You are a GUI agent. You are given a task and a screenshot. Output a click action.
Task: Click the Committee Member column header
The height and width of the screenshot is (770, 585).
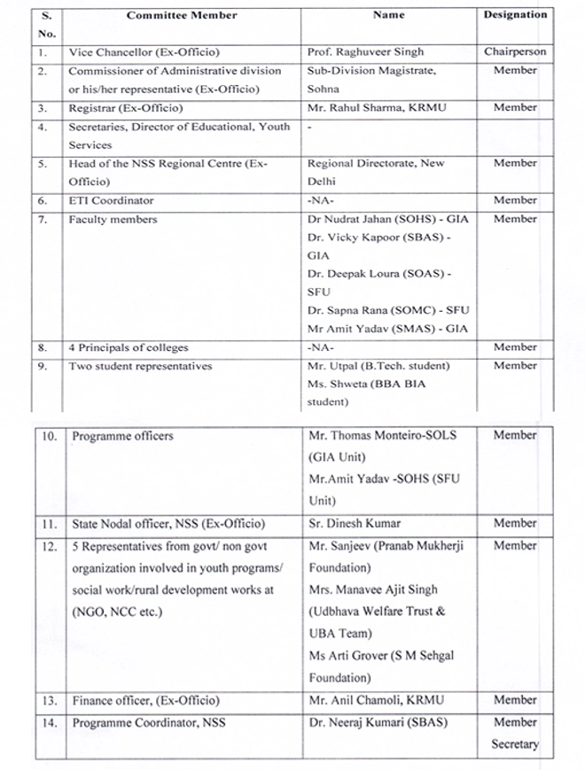click(x=182, y=15)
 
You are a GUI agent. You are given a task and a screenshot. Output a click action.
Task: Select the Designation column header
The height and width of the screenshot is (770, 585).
click(x=515, y=15)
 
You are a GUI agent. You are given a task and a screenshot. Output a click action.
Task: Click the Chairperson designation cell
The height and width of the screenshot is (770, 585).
click(x=515, y=52)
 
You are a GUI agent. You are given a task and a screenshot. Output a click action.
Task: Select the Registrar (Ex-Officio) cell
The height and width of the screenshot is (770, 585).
click(x=126, y=108)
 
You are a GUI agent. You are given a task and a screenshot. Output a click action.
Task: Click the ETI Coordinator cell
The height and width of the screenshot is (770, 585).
click(x=112, y=201)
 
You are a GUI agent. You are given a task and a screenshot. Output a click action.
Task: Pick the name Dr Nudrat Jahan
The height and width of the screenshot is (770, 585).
click(x=351, y=219)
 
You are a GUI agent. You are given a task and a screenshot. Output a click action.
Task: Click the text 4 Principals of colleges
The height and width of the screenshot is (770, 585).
click(x=129, y=347)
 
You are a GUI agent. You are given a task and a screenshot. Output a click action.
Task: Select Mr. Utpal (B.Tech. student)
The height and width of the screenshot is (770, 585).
click(x=378, y=366)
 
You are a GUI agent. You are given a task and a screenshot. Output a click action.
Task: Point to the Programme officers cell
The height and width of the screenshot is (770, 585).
click(x=122, y=436)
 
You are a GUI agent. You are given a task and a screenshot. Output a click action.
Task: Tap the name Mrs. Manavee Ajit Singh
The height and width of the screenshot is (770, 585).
click(x=373, y=589)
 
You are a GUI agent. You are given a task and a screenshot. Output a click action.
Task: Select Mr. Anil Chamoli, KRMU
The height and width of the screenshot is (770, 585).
click(x=376, y=701)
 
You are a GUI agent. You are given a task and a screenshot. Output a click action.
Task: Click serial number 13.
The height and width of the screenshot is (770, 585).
click(x=50, y=701)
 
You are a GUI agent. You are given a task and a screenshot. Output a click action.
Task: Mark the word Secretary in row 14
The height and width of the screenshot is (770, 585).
click(x=515, y=744)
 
